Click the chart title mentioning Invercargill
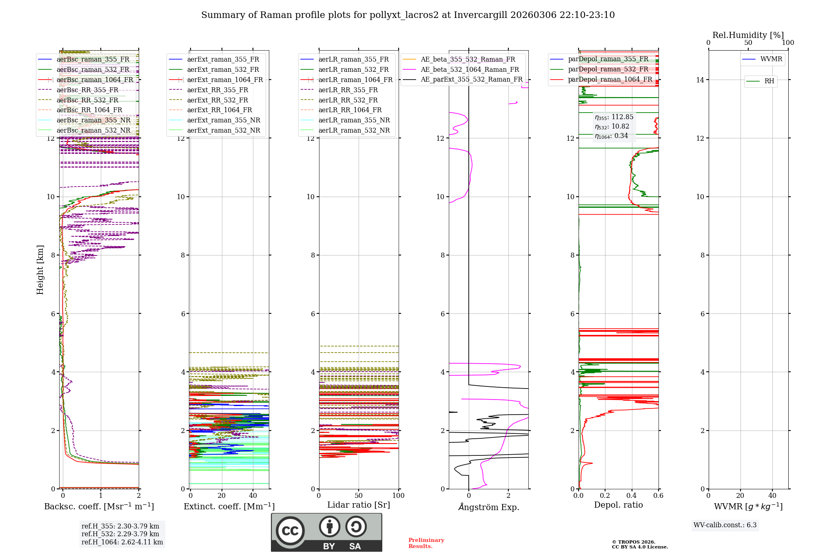(x=408, y=15)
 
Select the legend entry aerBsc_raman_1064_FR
(x=95, y=80)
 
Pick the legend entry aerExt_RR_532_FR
(x=217, y=100)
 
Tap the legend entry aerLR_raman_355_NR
(x=354, y=120)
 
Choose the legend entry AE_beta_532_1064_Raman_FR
(x=470, y=69)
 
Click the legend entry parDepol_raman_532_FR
(x=608, y=69)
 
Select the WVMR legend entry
(x=771, y=59)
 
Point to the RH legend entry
(x=769, y=81)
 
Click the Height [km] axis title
(x=40, y=270)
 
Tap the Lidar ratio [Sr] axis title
(x=359, y=505)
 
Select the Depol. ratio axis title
(x=618, y=505)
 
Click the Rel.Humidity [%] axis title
(x=748, y=35)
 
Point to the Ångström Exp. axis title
(x=488, y=507)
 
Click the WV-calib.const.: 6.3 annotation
(x=725, y=525)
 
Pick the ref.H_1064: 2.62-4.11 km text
(x=122, y=542)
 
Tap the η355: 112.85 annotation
(x=614, y=117)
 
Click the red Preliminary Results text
(x=426, y=543)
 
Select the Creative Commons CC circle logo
(x=290, y=531)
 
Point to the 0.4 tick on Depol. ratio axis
(x=632, y=496)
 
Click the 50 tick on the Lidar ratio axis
(x=359, y=496)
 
